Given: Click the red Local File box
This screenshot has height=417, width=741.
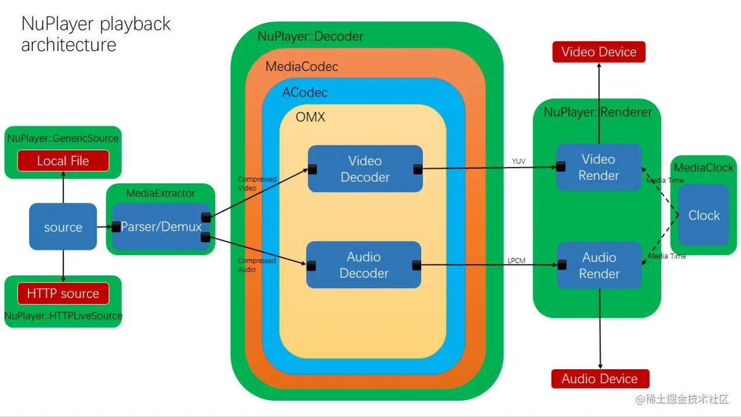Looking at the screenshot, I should [63, 161].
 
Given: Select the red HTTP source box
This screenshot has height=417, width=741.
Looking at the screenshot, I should [63, 294].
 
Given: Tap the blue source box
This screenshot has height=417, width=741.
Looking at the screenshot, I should [63, 227].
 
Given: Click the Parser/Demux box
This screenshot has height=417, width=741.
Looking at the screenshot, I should [161, 227].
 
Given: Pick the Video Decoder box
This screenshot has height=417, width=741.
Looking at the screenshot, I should [365, 169].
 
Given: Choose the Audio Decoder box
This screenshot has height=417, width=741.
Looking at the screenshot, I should [364, 265].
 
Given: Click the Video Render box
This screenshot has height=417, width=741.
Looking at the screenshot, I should [599, 167].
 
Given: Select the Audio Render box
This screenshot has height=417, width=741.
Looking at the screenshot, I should [599, 266].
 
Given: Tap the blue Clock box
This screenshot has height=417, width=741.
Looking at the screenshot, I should [704, 215].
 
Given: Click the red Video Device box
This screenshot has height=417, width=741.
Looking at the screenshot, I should [599, 52].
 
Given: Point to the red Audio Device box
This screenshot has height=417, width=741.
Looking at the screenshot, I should [599, 379].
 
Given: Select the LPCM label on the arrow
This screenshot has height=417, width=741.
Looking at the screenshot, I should [516, 260].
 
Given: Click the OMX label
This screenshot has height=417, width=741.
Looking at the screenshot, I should [310, 117].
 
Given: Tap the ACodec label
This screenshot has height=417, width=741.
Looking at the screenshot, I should [305, 92].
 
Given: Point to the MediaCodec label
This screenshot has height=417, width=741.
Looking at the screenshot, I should [302, 66].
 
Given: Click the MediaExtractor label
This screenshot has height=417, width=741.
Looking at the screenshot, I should [161, 193].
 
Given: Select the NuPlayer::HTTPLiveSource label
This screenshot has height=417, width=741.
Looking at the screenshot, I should [63, 316].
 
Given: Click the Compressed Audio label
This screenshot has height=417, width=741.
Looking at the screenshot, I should [256, 265].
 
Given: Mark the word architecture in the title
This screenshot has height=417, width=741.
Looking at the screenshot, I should [69, 45].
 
